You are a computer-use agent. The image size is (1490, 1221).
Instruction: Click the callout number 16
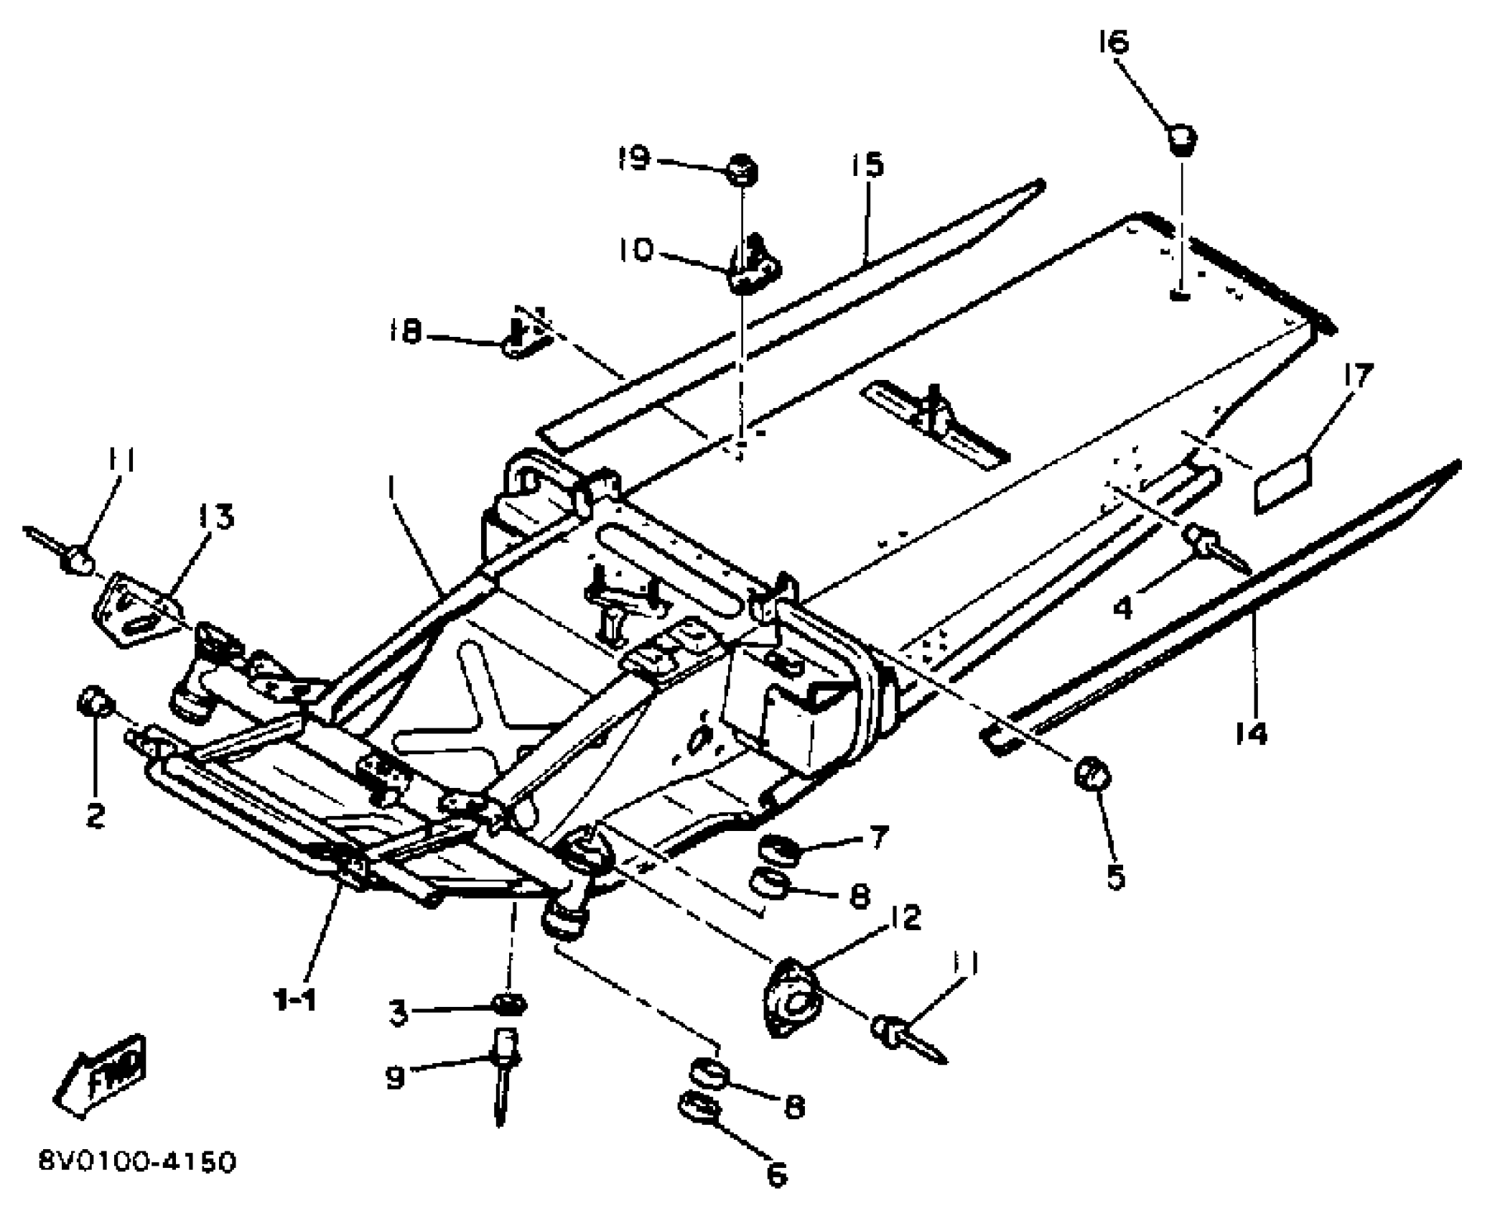1114,42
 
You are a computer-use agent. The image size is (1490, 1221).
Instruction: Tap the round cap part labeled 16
1181,139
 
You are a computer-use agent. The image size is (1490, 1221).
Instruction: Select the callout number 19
635,157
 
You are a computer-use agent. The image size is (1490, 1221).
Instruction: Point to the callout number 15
867,166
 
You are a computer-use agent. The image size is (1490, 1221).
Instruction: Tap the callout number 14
1252,733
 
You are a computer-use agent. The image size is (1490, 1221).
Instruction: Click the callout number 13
216,517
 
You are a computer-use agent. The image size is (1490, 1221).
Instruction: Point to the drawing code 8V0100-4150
137,1161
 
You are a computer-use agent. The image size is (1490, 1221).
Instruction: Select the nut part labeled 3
511,1004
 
